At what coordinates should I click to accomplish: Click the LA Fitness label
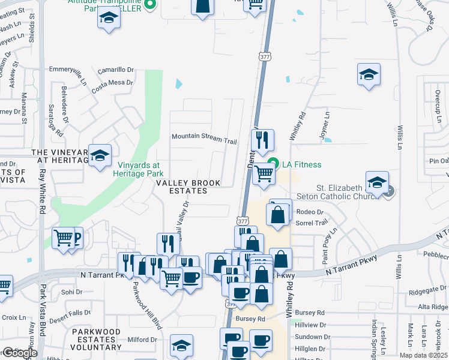click(x=303, y=164)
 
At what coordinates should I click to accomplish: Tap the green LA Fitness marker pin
click(x=274, y=162)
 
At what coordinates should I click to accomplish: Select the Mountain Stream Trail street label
click(x=204, y=137)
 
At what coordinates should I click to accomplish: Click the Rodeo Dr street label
click(x=310, y=212)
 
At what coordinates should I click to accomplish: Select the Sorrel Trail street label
click(x=312, y=223)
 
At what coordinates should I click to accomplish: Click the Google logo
click(x=19, y=353)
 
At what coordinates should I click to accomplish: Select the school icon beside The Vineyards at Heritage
click(x=100, y=156)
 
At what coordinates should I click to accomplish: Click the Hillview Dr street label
click(x=310, y=325)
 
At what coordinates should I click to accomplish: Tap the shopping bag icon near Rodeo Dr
click(x=277, y=215)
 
